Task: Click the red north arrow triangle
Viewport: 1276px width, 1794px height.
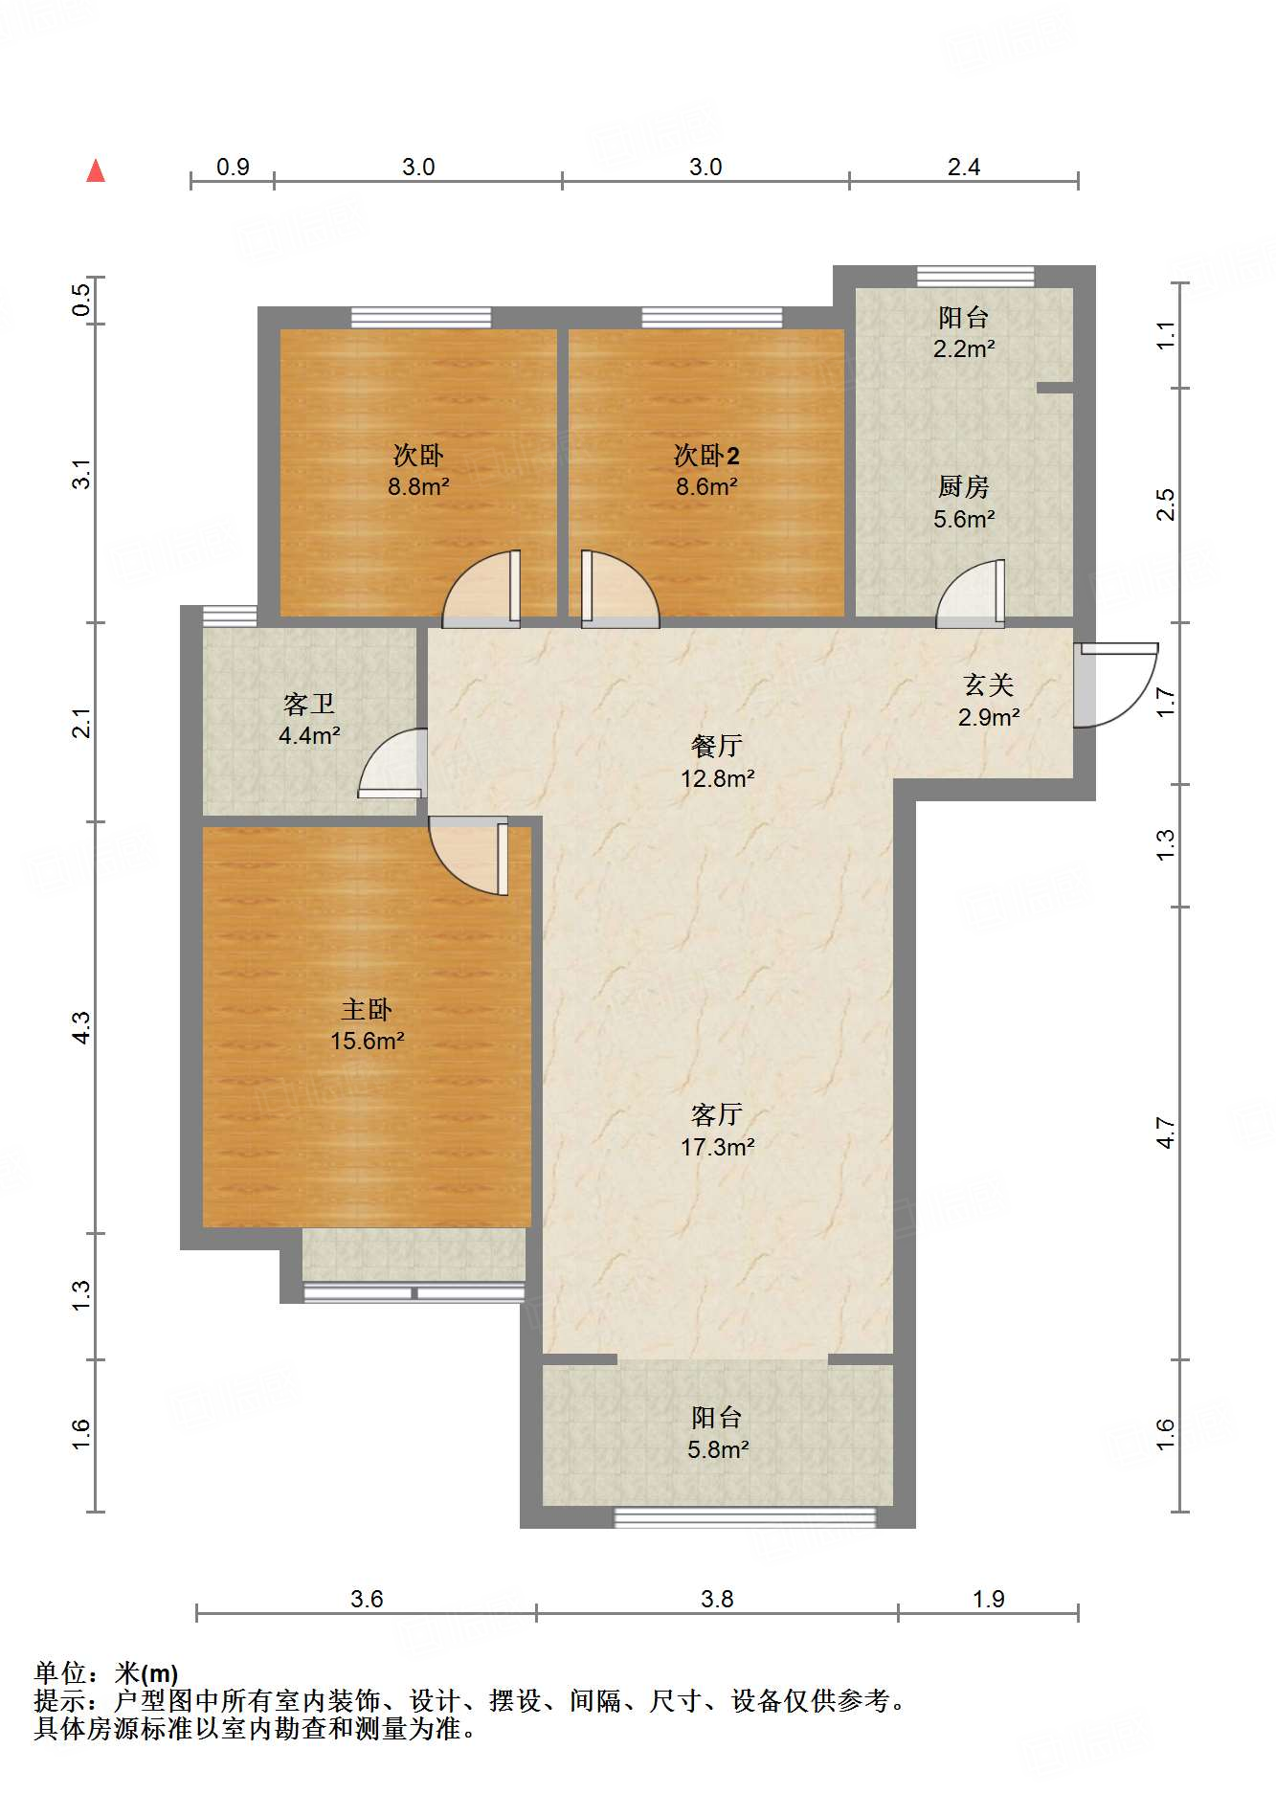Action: pos(96,171)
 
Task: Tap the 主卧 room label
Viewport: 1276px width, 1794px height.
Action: pos(367,1009)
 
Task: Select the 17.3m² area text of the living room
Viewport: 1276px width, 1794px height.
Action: pos(717,1147)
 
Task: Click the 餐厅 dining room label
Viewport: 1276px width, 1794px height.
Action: pos(717,746)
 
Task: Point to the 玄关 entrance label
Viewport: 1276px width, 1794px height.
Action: pos(989,684)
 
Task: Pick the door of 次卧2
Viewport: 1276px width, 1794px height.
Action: pos(619,591)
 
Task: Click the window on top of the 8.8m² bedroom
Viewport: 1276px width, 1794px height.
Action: pos(421,318)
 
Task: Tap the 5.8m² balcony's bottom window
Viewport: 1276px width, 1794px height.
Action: pos(745,1517)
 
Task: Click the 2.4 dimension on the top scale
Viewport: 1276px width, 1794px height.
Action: pos(964,168)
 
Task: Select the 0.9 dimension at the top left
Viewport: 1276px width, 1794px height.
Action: pos(233,168)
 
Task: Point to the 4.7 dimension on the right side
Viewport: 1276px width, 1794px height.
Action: pos(1165,1132)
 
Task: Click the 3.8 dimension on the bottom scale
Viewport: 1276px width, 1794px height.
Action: pos(717,1599)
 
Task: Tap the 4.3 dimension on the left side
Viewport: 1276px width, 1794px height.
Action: pos(81,1027)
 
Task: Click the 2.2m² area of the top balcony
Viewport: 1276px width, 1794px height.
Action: pos(964,349)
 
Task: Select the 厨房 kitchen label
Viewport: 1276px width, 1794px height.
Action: pos(964,487)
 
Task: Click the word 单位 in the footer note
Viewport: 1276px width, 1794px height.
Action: pos(61,1673)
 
